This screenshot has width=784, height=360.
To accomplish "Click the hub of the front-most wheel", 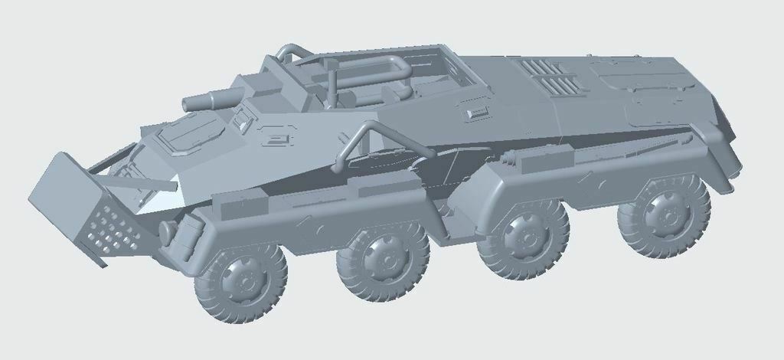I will click(x=240, y=282).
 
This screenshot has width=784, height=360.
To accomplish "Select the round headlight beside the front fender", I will click(x=165, y=231).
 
